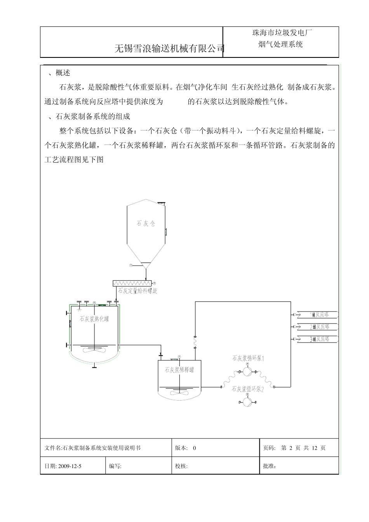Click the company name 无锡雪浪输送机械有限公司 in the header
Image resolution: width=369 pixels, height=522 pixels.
tap(170, 49)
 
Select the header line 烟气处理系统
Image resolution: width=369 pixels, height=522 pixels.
tap(280, 44)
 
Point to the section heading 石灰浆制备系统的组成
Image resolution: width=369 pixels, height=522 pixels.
tap(93, 116)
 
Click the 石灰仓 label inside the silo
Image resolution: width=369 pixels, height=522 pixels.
tap(146, 223)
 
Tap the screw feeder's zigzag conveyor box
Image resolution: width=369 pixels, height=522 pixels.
tap(132, 283)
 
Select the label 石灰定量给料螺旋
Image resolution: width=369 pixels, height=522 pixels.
tap(138, 291)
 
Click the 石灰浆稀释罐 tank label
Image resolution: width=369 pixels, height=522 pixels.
tap(179, 370)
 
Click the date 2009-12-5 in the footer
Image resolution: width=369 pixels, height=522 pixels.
tap(70, 466)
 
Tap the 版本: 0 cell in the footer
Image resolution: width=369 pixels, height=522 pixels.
tap(186, 448)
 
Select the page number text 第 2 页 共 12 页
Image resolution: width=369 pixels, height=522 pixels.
tap(303, 448)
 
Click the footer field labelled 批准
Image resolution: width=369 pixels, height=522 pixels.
tap(270, 466)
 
